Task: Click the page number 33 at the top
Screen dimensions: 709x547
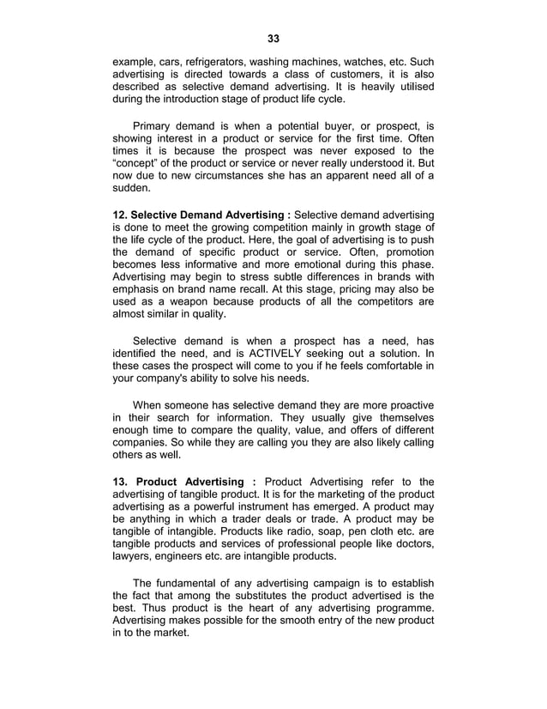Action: tap(273, 39)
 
